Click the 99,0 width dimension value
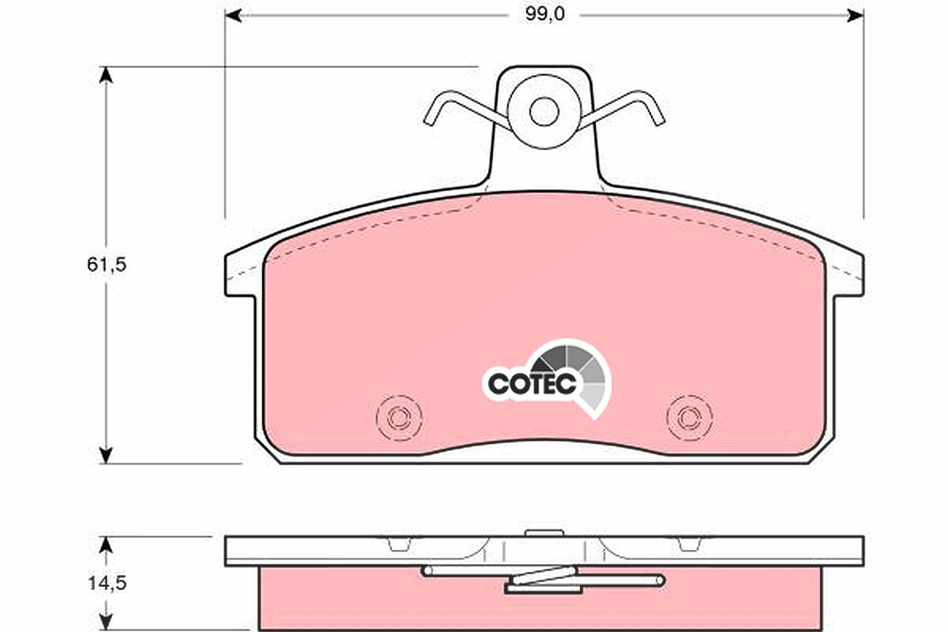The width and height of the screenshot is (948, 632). (544, 14)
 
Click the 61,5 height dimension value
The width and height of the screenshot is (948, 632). (107, 265)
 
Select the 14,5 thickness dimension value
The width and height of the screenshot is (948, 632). (107, 584)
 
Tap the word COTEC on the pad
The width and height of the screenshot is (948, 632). (532, 384)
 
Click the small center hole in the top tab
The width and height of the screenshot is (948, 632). (544, 111)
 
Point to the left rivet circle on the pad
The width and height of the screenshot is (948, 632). (399, 418)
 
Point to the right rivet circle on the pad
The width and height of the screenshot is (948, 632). (690, 418)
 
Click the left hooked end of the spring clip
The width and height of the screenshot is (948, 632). (436, 108)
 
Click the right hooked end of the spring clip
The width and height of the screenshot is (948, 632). (653, 108)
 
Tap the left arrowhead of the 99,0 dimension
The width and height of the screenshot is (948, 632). (233, 16)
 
